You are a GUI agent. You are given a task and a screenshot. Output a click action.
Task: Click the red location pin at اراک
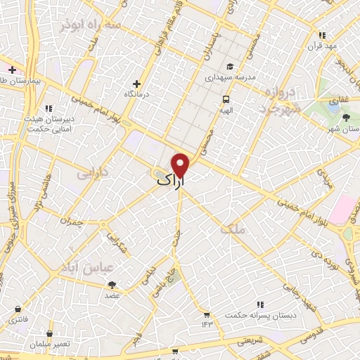[x=181, y=165]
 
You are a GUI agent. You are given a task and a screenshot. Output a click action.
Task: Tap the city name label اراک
[x=173, y=182]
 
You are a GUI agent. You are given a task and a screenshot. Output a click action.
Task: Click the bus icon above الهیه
[x=226, y=99]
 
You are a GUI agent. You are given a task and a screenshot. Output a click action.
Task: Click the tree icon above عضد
[x=112, y=284]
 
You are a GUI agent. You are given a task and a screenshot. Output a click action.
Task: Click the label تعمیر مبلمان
[x=50, y=341]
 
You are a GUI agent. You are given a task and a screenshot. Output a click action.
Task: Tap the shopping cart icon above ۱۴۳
[x=207, y=314]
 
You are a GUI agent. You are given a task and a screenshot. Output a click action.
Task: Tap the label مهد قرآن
[x=323, y=44]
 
